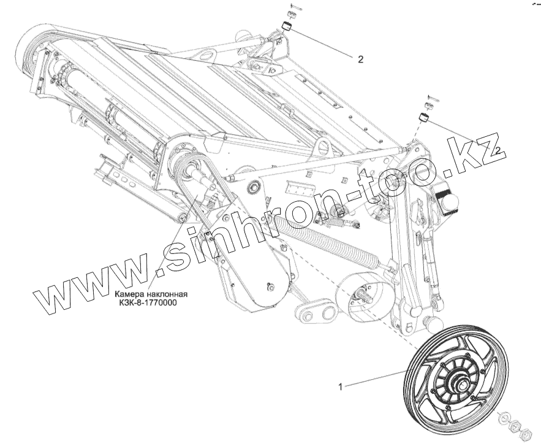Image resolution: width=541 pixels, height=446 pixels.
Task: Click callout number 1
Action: (340, 386)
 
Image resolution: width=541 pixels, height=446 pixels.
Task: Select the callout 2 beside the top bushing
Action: (360, 60)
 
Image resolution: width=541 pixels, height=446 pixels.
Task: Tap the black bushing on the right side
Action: (423, 118)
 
